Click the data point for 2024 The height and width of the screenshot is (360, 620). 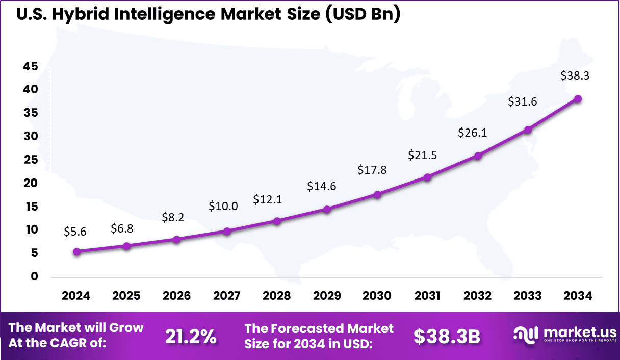pyautogui.click(x=77, y=251)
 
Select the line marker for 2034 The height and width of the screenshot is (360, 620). pyautogui.click(x=578, y=99)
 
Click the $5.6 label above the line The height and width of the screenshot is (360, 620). pyautogui.click(x=75, y=232)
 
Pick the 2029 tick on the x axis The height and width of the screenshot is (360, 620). pyautogui.click(x=327, y=296)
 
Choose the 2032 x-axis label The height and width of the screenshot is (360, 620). pyautogui.click(x=477, y=296)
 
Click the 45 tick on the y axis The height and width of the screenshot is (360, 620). pyautogui.click(x=31, y=66)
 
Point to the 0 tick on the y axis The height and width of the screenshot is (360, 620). pyautogui.click(x=34, y=276)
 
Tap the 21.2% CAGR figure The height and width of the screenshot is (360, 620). pyautogui.click(x=191, y=336)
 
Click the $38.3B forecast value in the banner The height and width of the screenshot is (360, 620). pyautogui.click(x=447, y=336)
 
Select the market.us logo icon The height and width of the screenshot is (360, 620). pyautogui.click(x=526, y=335)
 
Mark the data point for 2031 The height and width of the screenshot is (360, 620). pyautogui.click(x=427, y=177)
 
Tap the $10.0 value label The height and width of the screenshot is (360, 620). pyautogui.click(x=223, y=206)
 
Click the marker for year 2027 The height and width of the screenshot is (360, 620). pyautogui.click(x=227, y=231)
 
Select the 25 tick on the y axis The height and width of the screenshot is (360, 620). pyautogui.click(x=31, y=160)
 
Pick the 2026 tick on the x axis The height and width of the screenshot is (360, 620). pyautogui.click(x=176, y=296)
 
